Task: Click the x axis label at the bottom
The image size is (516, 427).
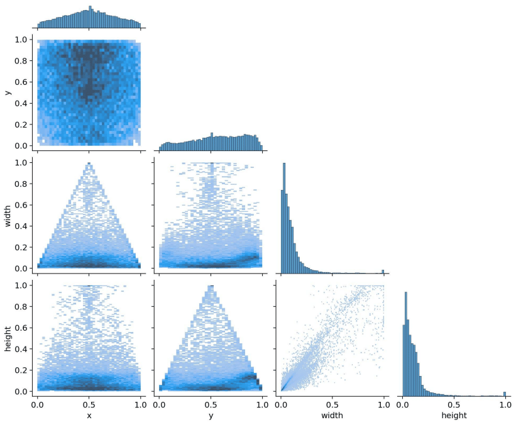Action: (89, 416)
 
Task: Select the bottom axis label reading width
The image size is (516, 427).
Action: (333, 416)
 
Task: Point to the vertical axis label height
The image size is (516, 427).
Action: (8, 338)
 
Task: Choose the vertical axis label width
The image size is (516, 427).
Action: (8, 215)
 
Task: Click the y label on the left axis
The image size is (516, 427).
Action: (8, 92)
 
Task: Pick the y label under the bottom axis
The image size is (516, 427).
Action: (211, 416)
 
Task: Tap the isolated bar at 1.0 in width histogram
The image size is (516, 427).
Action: (383, 272)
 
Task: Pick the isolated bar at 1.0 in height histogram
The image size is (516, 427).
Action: (504, 394)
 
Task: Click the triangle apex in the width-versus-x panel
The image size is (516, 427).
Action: (89, 164)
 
